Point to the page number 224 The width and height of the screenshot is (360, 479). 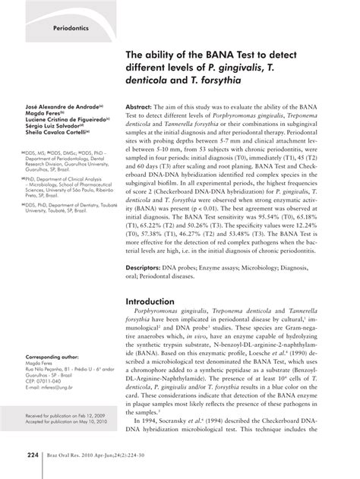33,455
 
